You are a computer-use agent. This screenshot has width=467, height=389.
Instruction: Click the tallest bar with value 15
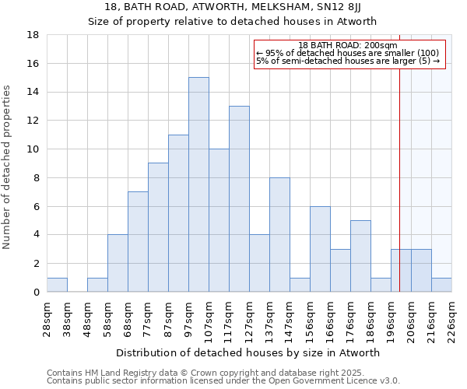pos(198,184)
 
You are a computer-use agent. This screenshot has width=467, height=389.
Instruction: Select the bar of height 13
pos(239,198)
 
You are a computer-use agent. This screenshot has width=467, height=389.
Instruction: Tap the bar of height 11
pos(178,213)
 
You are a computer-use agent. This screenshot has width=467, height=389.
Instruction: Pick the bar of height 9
pos(158,227)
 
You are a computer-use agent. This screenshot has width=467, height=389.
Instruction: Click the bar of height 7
pos(138,241)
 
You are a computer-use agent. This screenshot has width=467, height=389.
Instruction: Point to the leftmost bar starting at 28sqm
pos(57,285)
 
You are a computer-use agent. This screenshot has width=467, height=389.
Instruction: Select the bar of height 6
pos(320,249)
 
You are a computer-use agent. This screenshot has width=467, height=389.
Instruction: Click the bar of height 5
pos(360,256)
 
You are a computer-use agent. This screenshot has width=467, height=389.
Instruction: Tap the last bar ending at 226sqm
pos(441,285)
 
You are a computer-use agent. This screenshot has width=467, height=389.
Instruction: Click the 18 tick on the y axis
pos(33,35)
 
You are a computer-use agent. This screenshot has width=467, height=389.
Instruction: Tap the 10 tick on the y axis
pos(33,149)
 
